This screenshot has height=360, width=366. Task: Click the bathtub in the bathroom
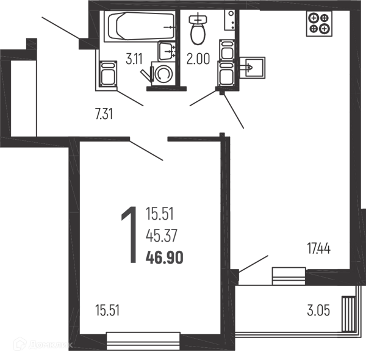[x=140, y=26]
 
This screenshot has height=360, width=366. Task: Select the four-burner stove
[x=319, y=24]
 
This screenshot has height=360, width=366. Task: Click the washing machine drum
[x=163, y=74]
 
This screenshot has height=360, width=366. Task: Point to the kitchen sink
[x=253, y=68]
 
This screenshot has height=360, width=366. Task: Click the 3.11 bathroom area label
[x=134, y=59]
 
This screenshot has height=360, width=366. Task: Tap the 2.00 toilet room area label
[x=198, y=59]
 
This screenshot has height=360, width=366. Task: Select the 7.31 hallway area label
[x=104, y=114]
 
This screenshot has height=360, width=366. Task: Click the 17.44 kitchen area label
[x=319, y=248]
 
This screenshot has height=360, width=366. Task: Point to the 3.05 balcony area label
[x=318, y=311]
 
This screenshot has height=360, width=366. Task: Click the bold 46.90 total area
[x=165, y=257]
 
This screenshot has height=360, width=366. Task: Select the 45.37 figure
[x=162, y=236]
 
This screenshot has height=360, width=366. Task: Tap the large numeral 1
[x=130, y=235]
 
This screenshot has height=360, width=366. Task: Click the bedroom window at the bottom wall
[x=143, y=341]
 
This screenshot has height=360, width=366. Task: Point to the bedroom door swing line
[x=146, y=151]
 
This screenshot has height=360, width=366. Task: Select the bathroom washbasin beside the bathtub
[x=167, y=51]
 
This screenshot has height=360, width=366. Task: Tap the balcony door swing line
[x=253, y=264]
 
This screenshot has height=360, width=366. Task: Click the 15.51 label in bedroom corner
[x=107, y=311]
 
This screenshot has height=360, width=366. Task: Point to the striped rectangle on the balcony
[x=348, y=314]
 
